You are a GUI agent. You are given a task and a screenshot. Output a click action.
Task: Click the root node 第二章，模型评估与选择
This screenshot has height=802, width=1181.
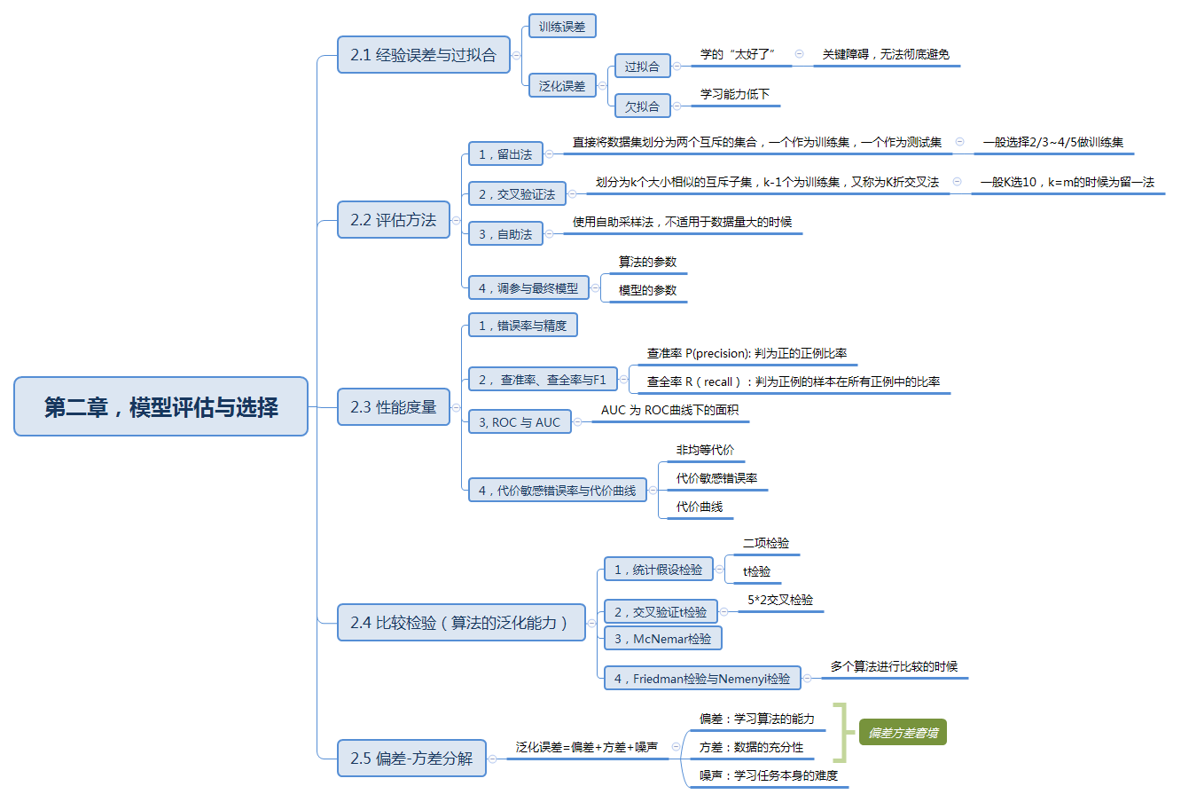click(160, 407)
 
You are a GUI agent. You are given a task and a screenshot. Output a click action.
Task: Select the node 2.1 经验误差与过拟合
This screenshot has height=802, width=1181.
click(423, 55)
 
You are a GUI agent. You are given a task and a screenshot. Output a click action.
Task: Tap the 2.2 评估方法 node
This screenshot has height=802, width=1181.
click(393, 220)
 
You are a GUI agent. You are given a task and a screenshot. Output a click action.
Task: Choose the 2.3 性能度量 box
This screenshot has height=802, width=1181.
click(393, 407)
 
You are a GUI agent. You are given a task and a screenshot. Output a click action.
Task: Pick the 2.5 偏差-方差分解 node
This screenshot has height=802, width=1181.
click(411, 759)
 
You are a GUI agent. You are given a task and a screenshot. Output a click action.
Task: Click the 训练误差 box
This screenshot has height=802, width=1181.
click(562, 27)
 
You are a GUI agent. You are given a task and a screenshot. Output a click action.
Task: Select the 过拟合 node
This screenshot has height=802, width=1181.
click(642, 67)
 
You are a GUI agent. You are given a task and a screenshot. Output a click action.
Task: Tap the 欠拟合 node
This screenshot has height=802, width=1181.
click(642, 106)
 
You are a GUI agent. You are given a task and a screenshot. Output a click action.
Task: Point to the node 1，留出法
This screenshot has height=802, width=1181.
click(505, 154)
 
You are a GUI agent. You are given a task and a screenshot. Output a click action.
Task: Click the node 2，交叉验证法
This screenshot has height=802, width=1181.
click(517, 194)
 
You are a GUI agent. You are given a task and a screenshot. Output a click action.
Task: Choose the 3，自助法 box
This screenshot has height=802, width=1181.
click(505, 234)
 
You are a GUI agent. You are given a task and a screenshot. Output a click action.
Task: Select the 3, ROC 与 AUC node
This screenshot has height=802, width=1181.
click(520, 422)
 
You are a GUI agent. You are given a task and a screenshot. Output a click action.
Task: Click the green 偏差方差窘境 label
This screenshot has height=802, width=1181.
click(903, 733)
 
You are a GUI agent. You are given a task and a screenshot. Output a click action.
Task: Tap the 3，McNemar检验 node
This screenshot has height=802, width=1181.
click(662, 639)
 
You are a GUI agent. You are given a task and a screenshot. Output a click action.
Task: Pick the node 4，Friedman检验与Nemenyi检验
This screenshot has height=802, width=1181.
click(702, 679)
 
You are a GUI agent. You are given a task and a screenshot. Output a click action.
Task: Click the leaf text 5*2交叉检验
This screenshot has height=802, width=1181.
click(780, 600)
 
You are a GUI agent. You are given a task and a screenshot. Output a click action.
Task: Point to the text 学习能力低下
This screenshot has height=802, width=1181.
click(735, 94)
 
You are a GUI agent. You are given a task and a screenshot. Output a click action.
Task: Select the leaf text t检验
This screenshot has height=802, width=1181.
click(756, 571)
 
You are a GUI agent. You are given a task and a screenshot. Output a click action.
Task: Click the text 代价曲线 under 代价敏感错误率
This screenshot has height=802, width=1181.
click(700, 507)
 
